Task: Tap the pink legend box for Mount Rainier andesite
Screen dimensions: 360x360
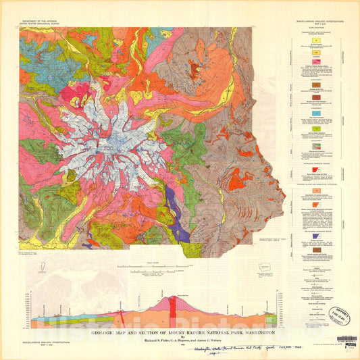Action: (317, 73)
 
